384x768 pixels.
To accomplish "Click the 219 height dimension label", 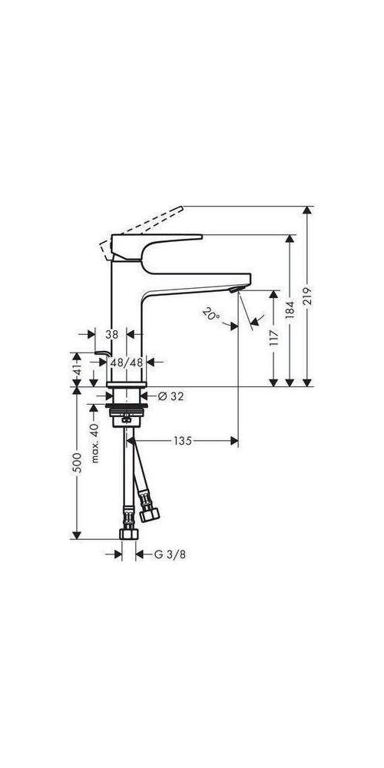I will (309, 297).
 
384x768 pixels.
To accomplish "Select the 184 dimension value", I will (290, 309).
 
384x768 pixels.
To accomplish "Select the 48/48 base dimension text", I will (127, 361).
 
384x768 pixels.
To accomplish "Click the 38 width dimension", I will (111, 334).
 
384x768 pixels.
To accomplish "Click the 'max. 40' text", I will (94, 443).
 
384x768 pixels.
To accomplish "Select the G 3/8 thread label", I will (167, 553).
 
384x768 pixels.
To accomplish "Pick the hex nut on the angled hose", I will (148, 509).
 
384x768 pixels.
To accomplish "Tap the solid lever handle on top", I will (154, 244).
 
